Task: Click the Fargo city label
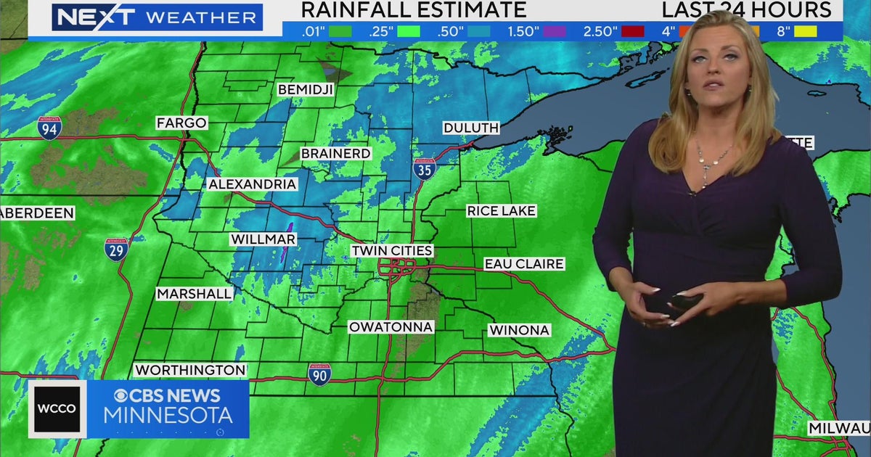[x=181, y=123]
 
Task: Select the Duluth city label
[x=471, y=128]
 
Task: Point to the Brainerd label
[x=335, y=154]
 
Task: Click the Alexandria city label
[x=253, y=184]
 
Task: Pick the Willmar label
[x=263, y=239]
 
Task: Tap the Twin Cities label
[x=392, y=250]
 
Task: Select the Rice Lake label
[x=501, y=211]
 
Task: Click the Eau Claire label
[x=524, y=264]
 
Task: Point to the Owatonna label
[x=391, y=327]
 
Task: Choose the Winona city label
[x=519, y=330]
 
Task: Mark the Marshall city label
[x=195, y=294]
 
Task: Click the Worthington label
[x=190, y=370]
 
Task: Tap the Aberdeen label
[x=37, y=213]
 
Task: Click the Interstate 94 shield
[x=49, y=128]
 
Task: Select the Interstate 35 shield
[x=425, y=168]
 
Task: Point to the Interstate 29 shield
[x=116, y=249]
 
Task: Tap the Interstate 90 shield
[x=319, y=374]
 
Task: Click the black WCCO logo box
[x=57, y=409]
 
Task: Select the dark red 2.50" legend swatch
[x=632, y=31]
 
